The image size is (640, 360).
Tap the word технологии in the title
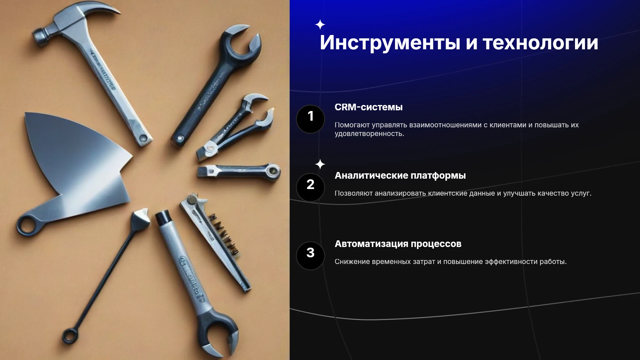(x=540, y=43)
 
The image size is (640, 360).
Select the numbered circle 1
(x=310, y=119)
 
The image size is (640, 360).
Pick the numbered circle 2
(x=310, y=187)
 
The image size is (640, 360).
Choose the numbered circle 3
(x=310, y=256)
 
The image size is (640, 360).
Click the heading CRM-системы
(x=368, y=107)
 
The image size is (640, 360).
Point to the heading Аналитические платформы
(x=400, y=176)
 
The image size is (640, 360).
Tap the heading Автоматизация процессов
(x=398, y=244)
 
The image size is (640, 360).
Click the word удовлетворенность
(x=369, y=134)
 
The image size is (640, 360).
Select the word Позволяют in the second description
(x=353, y=193)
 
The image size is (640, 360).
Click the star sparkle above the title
(x=320, y=25)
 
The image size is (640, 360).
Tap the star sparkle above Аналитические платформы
(x=320, y=164)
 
